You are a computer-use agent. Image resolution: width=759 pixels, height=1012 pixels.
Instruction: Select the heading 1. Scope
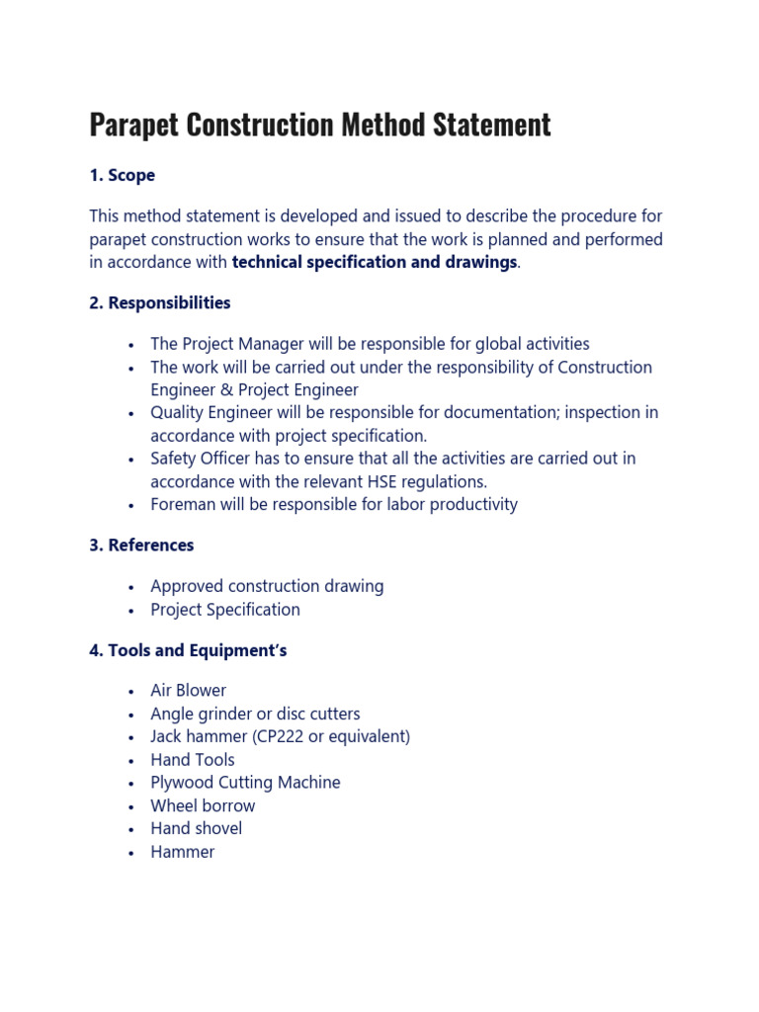(x=122, y=175)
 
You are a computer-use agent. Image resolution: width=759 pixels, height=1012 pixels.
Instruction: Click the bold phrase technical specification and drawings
(x=374, y=262)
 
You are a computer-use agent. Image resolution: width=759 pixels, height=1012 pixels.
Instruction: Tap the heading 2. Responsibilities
(x=159, y=302)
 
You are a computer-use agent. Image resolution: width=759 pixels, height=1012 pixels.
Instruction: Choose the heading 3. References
(x=141, y=545)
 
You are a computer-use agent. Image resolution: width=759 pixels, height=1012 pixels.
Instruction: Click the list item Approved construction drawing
(x=267, y=586)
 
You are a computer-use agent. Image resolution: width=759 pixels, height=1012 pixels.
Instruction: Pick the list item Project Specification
(x=225, y=610)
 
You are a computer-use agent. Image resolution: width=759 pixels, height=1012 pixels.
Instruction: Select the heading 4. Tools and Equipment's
(x=188, y=650)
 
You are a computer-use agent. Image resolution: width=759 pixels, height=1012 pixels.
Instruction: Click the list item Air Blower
(x=188, y=690)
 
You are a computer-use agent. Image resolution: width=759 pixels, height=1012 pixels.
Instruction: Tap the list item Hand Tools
(x=193, y=760)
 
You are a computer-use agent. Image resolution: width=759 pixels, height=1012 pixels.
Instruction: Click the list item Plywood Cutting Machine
(x=245, y=783)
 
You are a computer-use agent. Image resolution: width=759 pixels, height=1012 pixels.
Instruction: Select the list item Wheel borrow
(x=203, y=805)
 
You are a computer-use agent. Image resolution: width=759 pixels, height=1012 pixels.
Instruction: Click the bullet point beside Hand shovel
(x=130, y=829)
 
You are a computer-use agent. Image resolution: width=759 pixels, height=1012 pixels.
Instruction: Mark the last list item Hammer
(x=182, y=852)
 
